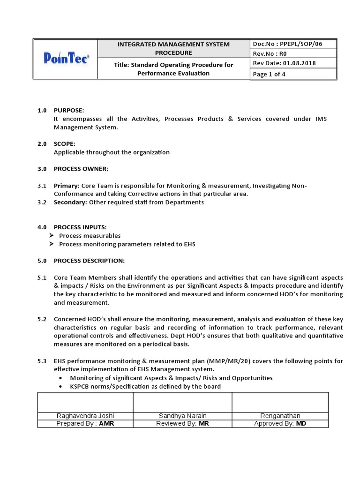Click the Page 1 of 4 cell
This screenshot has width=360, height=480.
click(x=269, y=74)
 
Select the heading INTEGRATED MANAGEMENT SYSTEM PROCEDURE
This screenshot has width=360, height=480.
click(x=173, y=48)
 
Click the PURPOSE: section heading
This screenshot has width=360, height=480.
click(x=69, y=110)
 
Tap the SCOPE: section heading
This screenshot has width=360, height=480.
click(x=64, y=144)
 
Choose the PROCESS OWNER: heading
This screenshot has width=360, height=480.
click(x=81, y=169)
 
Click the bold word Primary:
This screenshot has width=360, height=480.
click(x=66, y=186)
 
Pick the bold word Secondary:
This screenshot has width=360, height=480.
click(x=70, y=202)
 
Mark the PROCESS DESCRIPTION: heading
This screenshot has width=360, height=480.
click(x=89, y=260)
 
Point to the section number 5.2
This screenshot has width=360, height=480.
click(x=42, y=319)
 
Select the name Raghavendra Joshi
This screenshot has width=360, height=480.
click(x=85, y=416)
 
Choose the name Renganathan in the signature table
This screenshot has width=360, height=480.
click(x=280, y=416)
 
